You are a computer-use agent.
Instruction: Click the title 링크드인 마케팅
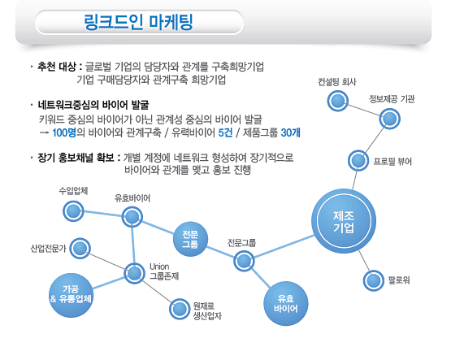pos(138,22)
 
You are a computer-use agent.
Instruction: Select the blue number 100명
pos(64,132)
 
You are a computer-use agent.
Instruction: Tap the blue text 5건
pos(225,132)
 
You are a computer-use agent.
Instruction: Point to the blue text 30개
pos(290,132)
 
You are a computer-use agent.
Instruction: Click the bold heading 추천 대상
pos(57,67)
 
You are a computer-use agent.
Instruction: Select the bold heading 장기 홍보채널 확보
pos(76,158)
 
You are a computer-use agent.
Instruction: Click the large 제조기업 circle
pos(344,221)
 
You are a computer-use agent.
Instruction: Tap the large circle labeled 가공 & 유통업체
pos(71,295)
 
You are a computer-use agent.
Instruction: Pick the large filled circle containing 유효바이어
pos(286,304)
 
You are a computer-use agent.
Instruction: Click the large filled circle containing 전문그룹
pos(190,239)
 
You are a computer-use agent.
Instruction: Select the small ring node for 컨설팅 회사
pos(338,101)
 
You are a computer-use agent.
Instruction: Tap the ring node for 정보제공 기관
pos(390,119)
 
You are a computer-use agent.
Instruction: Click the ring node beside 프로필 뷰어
pos(358,160)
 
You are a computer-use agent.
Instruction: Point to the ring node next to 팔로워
pos(373,280)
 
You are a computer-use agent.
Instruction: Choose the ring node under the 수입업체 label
pos(73,211)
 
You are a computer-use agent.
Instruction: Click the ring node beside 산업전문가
pos(80,248)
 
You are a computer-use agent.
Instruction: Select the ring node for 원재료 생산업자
pos(180,309)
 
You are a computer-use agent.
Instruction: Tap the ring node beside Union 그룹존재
pos(134,273)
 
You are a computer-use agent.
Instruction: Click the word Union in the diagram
pos(159,267)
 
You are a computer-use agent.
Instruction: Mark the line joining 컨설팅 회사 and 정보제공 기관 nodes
pos(364,110)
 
